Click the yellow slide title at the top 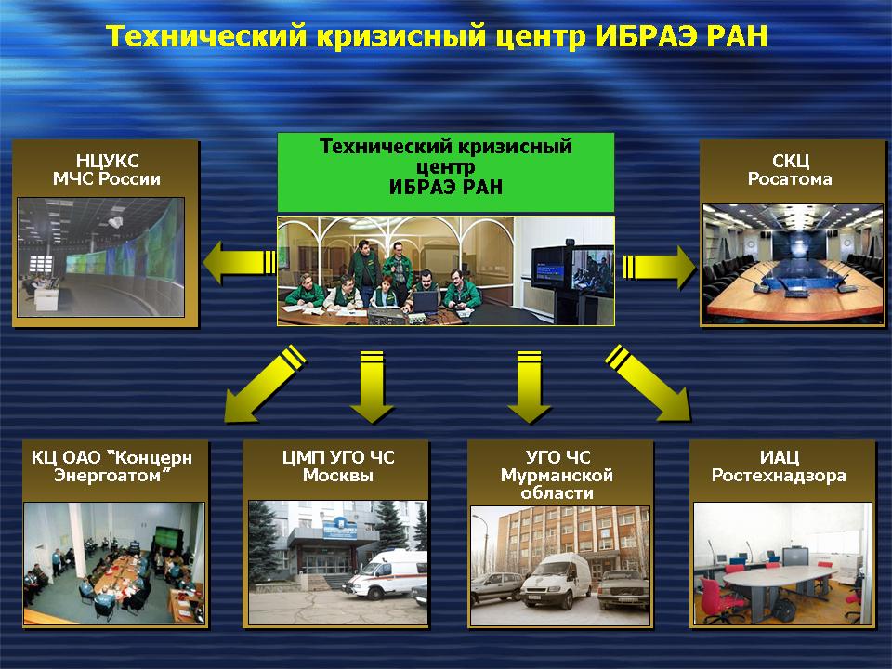tap(437, 36)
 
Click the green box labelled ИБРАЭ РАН tap(446, 172)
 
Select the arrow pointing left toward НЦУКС tap(240, 262)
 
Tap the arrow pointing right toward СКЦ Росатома tap(660, 267)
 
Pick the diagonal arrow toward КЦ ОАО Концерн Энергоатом tap(264, 384)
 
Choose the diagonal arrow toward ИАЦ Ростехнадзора tap(649, 384)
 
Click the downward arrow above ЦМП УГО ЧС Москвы tap(372, 387)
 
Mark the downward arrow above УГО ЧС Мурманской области tap(529, 387)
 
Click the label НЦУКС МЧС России tap(107, 169)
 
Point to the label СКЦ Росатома tap(790, 169)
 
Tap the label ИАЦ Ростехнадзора tap(779, 466)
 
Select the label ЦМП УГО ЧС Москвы tap(338, 466)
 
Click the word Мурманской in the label tap(557, 475)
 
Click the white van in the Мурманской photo tap(557, 580)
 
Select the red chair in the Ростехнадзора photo tap(718, 598)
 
